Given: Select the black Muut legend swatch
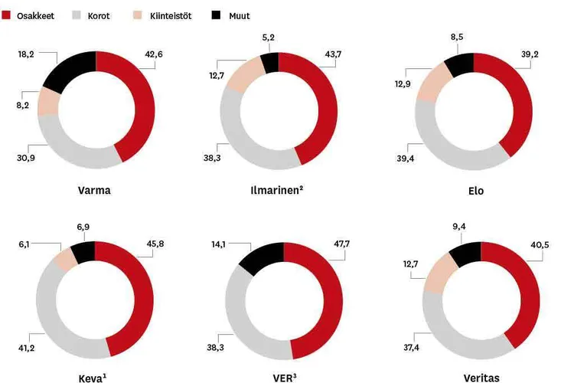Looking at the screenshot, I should tap(213, 15).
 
